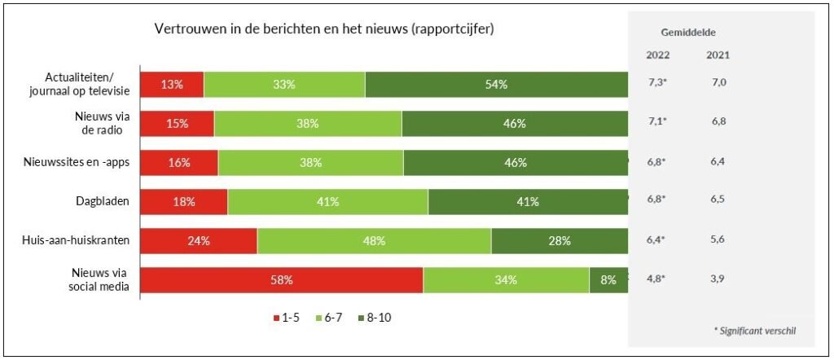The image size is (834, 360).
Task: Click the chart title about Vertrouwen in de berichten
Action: (x=325, y=29)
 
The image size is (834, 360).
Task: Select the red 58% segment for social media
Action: (x=282, y=279)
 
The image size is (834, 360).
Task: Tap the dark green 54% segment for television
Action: (x=496, y=84)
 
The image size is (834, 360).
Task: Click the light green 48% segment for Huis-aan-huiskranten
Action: (x=374, y=240)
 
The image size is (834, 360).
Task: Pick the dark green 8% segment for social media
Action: (x=608, y=279)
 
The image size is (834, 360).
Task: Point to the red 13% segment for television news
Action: (x=172, y=84)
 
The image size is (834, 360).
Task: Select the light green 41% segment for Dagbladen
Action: (x=327, y=201)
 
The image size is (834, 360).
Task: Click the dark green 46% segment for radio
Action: (x=514, y=123)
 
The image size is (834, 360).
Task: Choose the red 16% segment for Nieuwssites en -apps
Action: (x=179, y=162)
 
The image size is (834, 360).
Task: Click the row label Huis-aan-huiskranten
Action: (x=78, y=240)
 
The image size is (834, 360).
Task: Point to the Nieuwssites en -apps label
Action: (x=78, y=162)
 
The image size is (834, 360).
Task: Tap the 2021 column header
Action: (x=718, y=55)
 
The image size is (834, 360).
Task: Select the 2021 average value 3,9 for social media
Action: (x=718, y=279)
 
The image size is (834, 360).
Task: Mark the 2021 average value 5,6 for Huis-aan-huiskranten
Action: (x=718, y=239)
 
